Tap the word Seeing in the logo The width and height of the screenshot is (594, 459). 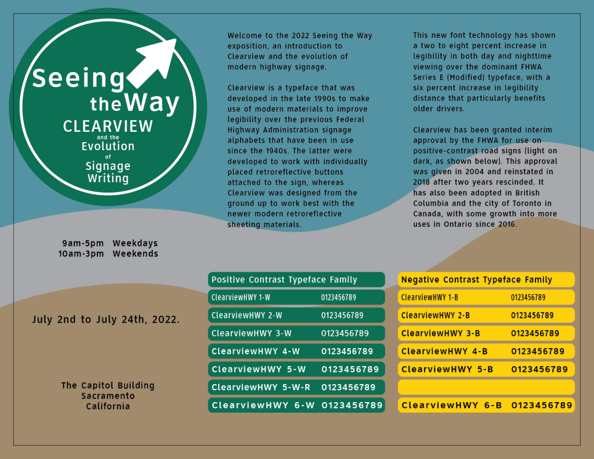coord(78,78)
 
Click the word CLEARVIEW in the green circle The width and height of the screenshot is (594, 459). coord(108,126)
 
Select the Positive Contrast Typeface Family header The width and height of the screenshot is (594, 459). coord(284,280)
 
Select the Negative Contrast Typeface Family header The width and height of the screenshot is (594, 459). coord(477,280)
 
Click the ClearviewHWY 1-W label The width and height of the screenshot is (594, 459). coord(241,298)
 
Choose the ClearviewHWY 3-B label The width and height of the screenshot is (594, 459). coord(441,334)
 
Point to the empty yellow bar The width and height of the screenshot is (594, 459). coord(486,387)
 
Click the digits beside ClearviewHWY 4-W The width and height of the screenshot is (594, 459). coord(347,352)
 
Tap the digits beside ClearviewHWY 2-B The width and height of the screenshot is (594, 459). coord(533,316)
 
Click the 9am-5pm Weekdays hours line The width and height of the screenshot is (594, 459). coord(110,243)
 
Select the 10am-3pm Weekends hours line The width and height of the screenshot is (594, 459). coord(108,254)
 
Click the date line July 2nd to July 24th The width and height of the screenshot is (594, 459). coord(106,320)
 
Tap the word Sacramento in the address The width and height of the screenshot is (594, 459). coord(108,396)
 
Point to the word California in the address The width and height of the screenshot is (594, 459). coord(108,406)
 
